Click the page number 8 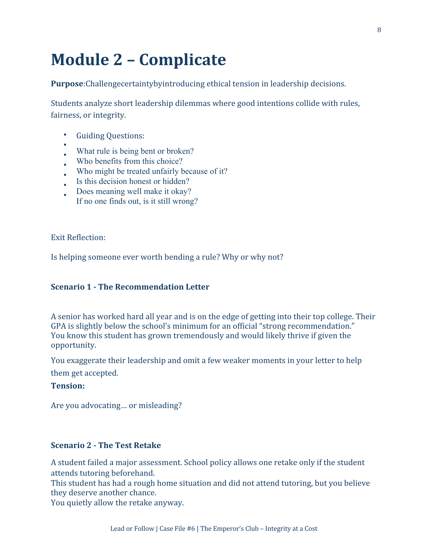379,30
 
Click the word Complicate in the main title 182,60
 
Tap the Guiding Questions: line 110,136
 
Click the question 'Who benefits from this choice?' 129,161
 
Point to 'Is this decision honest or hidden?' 133,181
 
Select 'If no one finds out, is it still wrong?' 137,201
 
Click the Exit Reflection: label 78,238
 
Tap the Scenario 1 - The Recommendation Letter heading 130,287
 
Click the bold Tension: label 68,386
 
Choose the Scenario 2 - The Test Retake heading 106,445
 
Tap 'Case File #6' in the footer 177,529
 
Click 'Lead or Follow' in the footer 132,529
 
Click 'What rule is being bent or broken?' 135,151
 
